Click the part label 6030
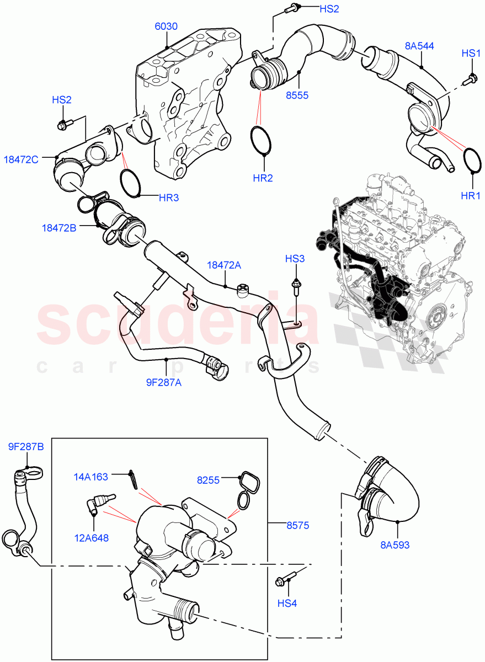[166, 25]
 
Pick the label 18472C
[21, 159]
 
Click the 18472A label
[224, 265]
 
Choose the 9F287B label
[25, 447]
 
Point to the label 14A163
[92, 475]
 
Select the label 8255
[208, 481]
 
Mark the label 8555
[297, 95]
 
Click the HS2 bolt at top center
[292, 8]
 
